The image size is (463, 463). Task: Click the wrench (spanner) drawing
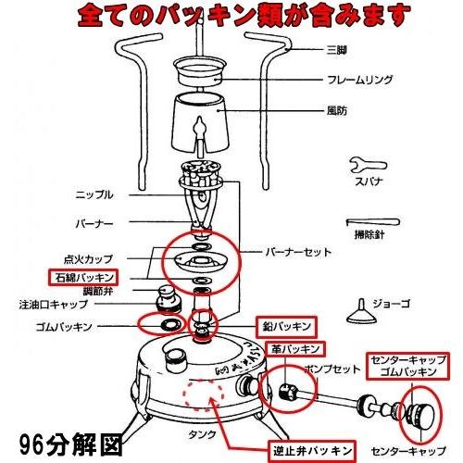[x=364, y=166]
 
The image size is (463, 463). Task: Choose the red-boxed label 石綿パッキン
[x=81, y=276]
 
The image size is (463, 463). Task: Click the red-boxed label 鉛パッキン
[x=286, y=324]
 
